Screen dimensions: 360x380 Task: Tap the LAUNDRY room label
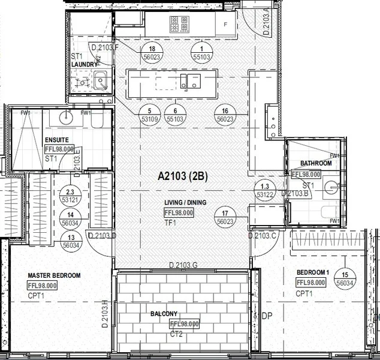coord(84,64)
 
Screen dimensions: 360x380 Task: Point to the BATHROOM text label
coord(316,163)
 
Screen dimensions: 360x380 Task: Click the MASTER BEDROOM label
coord(54,276)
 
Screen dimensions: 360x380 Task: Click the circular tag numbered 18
coord(152,53)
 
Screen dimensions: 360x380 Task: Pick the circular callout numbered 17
coord(225,217)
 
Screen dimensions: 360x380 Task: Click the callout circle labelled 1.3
coord(264,191)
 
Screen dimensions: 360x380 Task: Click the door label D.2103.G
coord(183,265)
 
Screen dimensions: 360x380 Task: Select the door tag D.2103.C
coord(263,235)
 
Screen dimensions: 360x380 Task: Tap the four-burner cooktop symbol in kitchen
coord(179,24)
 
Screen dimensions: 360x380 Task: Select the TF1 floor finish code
coord(170,223)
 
